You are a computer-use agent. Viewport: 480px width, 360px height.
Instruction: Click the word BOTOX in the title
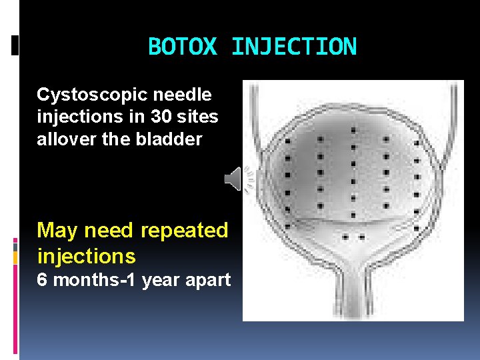pos(183,47)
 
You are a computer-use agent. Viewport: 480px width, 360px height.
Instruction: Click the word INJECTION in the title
pos(293,47)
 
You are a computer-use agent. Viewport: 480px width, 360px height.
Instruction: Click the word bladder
pos(171,139)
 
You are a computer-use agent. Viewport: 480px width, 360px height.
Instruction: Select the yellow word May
pos(57,231)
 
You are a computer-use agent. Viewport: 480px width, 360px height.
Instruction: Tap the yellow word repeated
pos(185,231)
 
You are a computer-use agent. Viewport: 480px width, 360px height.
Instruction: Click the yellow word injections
pos(86,256)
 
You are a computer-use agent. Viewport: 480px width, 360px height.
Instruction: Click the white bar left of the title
pos(15,45)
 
